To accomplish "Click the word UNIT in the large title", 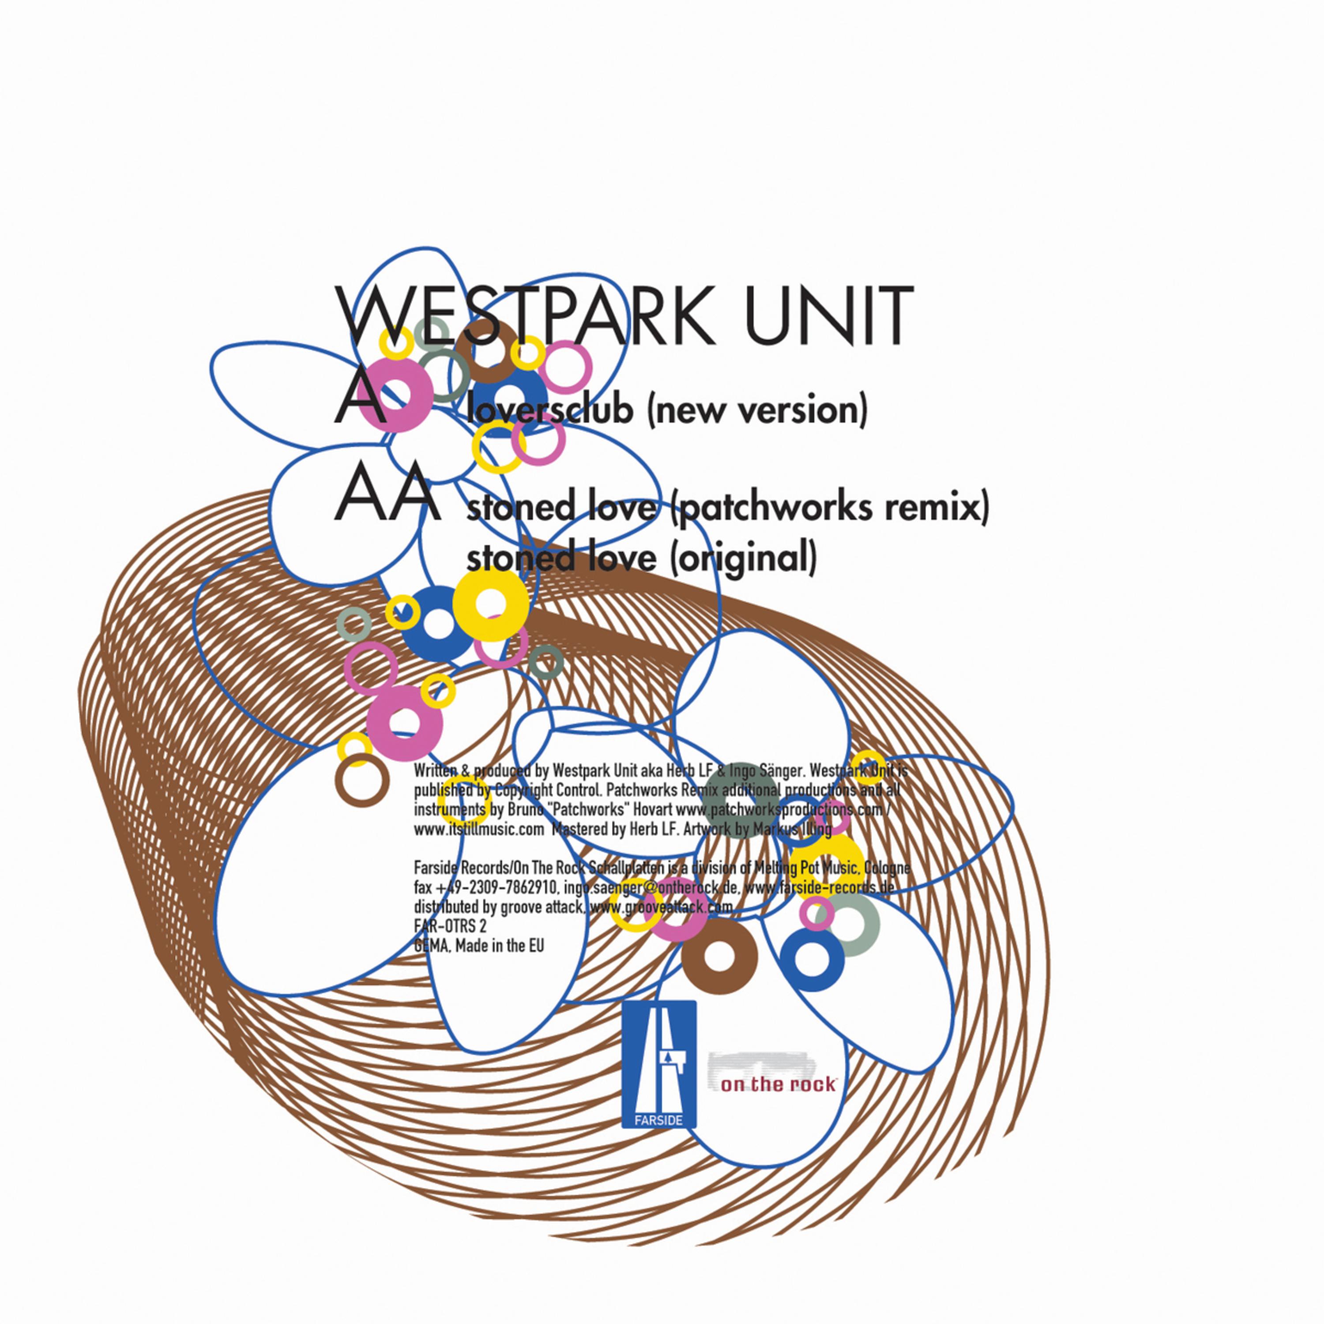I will (x=828, y=316).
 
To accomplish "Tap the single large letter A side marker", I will (x=359, y=399).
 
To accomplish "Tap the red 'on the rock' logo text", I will (x=778, y=1085).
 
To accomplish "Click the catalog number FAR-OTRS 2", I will (x=450, y=926).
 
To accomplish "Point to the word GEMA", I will (x=432, y=946).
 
